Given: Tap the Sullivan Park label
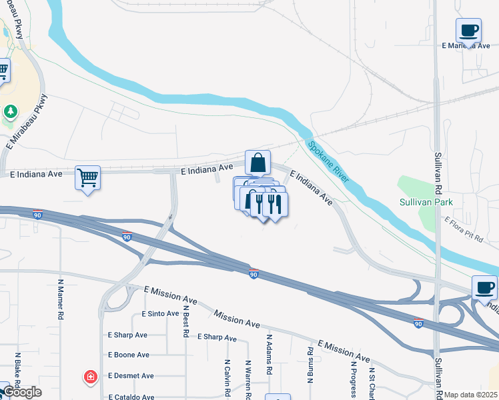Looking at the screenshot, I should (x=426, y=201).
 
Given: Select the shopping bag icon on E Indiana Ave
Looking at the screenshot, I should (x=258, y=163).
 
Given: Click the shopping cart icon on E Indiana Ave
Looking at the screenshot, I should (x=87, y=178).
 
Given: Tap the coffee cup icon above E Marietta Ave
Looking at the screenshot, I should (x=468, y=30).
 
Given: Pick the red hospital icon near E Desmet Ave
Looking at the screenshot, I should (x=89, y=378).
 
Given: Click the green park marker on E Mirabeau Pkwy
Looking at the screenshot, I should (x=10, y=111).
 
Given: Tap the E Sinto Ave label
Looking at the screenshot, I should (x=160, y=313).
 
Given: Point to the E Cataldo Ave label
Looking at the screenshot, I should (x=131, y=397).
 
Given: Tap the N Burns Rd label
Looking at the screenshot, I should (x=310, y=365).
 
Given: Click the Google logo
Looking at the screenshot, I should (x=22, y=392).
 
